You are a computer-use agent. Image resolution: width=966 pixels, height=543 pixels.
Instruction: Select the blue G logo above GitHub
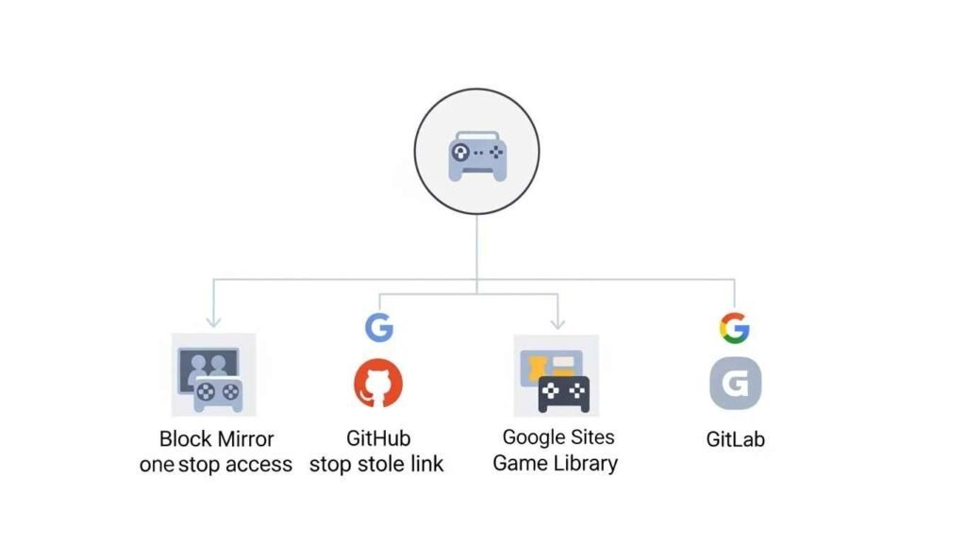point(379,328)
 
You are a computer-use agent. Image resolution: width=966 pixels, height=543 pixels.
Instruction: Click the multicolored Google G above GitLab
point(734,328)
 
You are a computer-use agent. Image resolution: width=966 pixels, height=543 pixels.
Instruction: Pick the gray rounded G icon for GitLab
point(735,385)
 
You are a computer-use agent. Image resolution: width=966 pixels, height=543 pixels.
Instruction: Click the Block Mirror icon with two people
point(213,375)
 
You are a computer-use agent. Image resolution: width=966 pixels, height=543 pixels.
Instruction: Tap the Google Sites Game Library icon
point(556,375)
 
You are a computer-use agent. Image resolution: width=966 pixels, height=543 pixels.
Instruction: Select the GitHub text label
point(378,439)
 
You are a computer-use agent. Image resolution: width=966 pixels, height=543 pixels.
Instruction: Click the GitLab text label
point(735,439)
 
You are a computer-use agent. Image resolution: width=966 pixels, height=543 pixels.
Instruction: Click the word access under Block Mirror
point(257,465)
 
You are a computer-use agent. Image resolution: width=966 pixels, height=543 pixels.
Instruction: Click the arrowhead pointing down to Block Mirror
point(214,321)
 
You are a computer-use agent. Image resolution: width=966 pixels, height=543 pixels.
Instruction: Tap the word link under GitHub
point(427,465)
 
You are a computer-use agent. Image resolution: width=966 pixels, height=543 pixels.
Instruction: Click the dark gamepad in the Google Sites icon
point(563,394)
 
